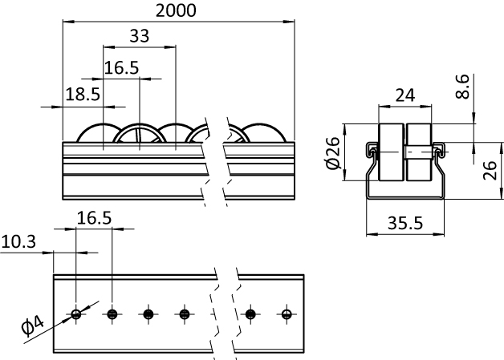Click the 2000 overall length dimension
tap(176, 10)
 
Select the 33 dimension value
tap(140, 36)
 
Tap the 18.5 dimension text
tap(83, 95)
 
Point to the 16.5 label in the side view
tap(121, 68)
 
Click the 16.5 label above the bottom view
tap(94, 218)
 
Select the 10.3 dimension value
tap(18, 241)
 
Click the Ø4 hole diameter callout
tap(32, 326)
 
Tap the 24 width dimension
tap(405, 95)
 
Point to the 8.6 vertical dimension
tap(463, 87)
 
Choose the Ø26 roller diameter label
tap(333, 153)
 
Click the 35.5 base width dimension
tap(405, 223)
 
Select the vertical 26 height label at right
tap(490, 171)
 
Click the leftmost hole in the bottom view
tap(76, 313)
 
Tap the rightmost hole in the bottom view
tap(287, 313)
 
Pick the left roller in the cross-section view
tap(392, 152)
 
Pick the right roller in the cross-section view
tap(419, 152)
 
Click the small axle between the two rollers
tap(419, 152)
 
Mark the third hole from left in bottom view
tap(148, 313)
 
